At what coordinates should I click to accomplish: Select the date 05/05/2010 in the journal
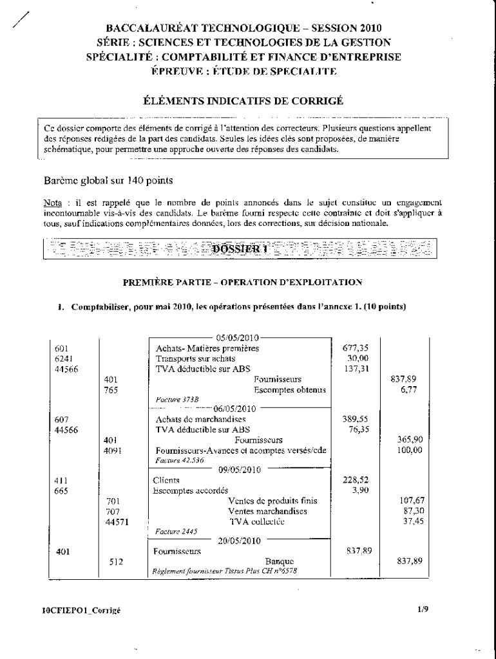237,338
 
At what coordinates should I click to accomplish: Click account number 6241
64,358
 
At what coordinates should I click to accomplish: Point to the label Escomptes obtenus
290,390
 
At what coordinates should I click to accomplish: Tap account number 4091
113,450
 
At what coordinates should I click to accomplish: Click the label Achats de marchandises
192,420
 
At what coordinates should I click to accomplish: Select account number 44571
117,522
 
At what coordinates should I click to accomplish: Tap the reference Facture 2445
176,532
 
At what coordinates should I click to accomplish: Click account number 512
113,561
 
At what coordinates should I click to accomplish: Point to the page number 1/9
423,607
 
